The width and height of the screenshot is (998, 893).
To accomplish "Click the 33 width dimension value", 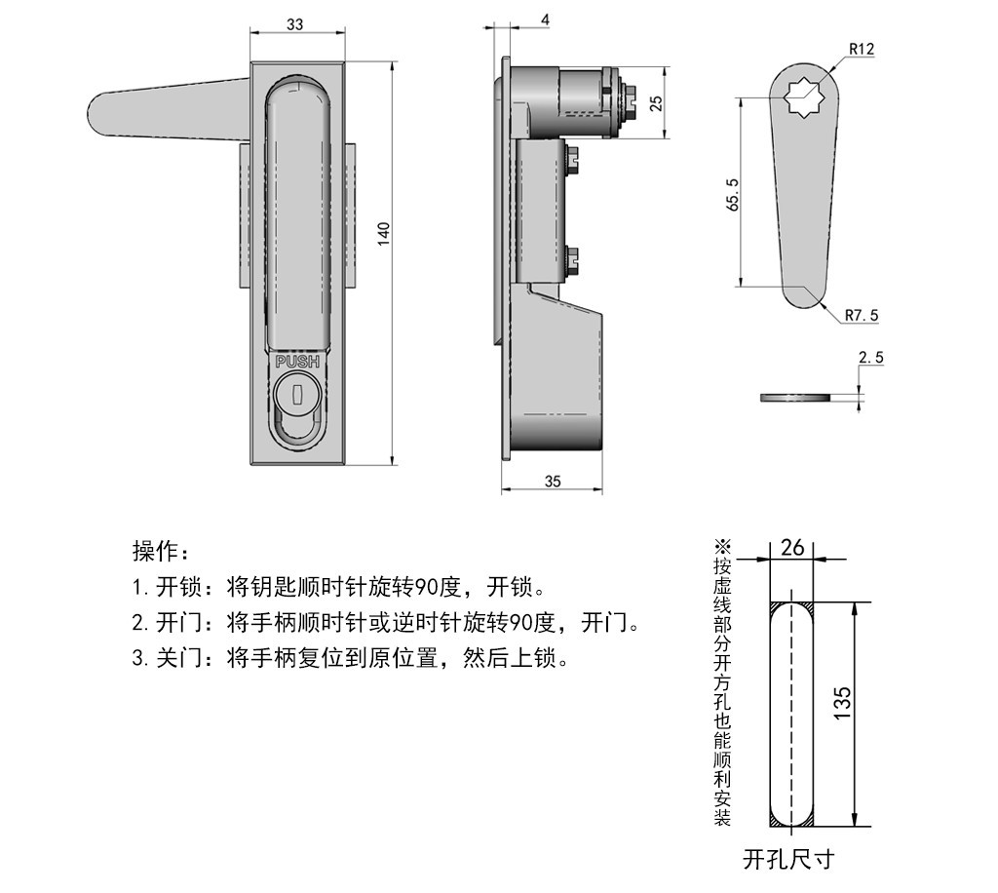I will click(294, 25).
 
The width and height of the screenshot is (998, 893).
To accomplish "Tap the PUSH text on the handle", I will click(297, 362).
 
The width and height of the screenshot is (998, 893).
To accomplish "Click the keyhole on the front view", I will click(297, 395).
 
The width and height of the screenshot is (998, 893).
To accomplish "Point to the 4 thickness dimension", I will click(517, 19).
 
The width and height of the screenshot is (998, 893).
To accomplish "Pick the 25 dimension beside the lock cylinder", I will click(656, 102).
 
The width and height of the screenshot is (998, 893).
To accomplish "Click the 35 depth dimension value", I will click(553, 481).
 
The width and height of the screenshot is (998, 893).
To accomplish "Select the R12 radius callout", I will click(862, 48).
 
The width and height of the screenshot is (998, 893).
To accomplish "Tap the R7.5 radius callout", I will click(862, 315).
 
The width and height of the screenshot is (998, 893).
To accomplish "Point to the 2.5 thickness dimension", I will click(871, 358).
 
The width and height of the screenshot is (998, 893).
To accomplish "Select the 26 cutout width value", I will click(792, 548).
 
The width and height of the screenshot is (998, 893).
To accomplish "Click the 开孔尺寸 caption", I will click(788, 859).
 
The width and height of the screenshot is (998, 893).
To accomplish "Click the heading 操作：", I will click(156, 552).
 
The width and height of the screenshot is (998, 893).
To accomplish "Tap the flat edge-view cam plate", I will click(795, 397).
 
